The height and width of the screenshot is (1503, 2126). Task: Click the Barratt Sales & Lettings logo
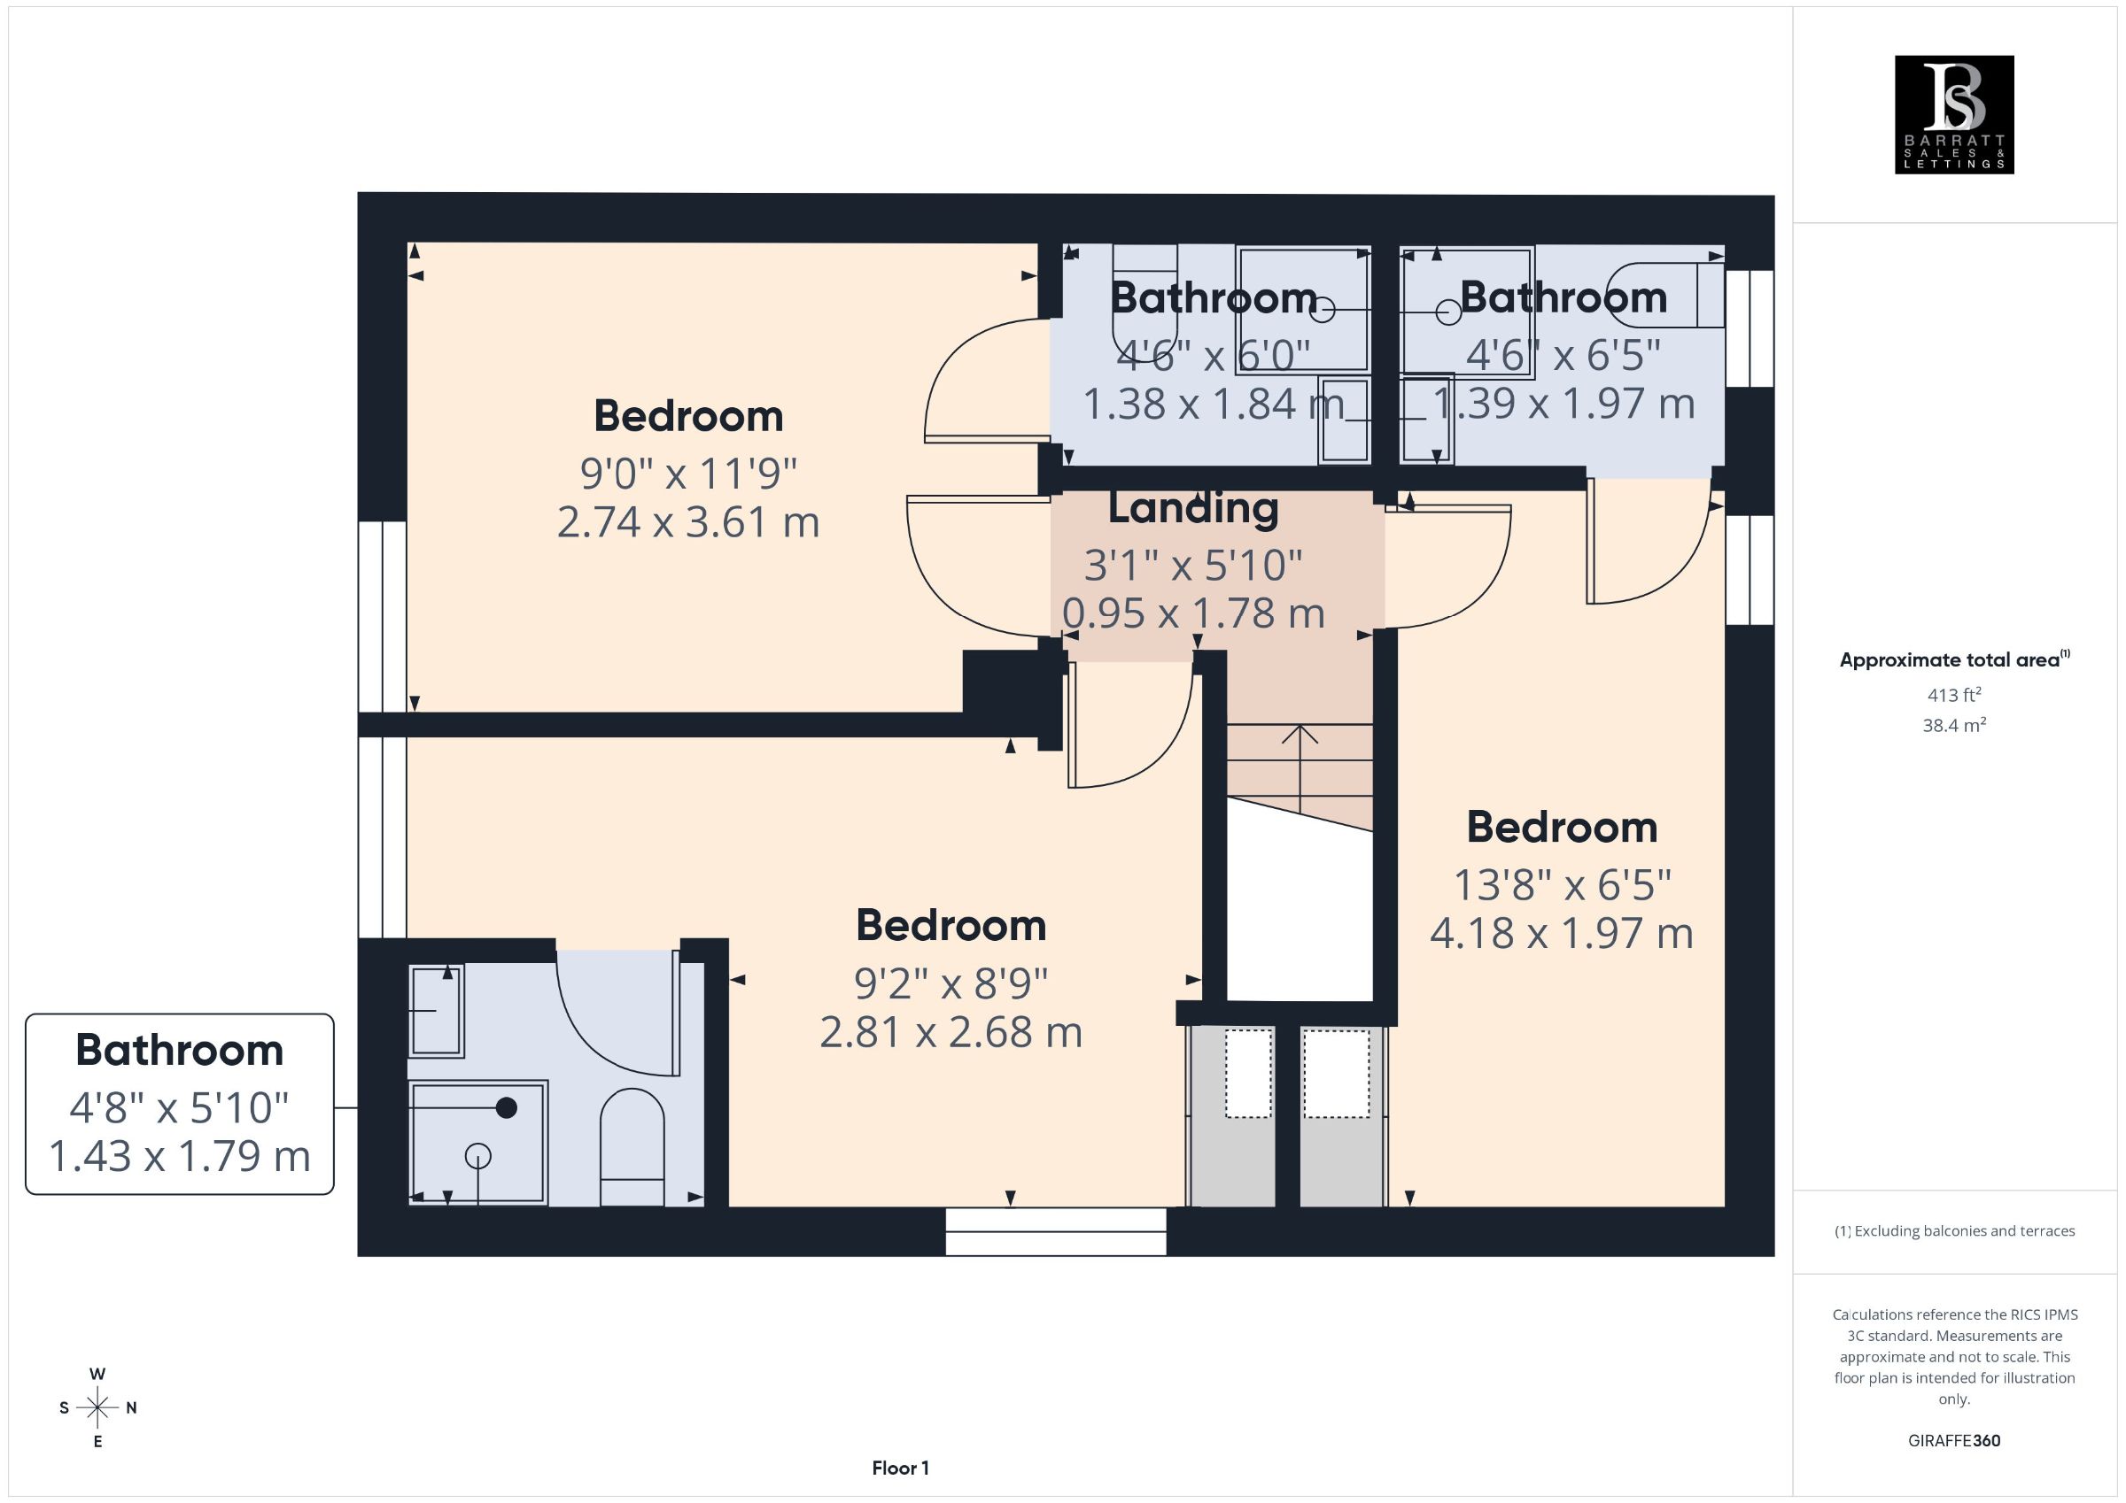(x=1954, y=115)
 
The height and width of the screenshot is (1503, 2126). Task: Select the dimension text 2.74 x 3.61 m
(x=688, y=522)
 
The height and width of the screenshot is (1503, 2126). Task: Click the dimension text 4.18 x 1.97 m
(x=1561, y=933)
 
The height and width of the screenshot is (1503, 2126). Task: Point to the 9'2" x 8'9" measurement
(x=951, y=983)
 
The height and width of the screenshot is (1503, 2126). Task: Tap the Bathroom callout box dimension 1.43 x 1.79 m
(x=179, y=1157)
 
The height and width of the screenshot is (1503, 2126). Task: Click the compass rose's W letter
(x=97, y=1375)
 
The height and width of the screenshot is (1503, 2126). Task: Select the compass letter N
(x=131, y=1407)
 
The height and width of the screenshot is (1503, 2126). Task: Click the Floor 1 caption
(x=900, y=1468)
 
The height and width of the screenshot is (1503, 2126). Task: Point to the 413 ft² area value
(x=1954, y=694)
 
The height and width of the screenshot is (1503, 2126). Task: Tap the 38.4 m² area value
(x=1954, y=725)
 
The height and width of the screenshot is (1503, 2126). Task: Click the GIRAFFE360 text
(x=1954, y=1441)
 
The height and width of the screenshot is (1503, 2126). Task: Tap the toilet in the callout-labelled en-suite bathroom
(x=632, y=1146)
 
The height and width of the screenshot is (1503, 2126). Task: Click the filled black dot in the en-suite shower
(x=507, y=1106)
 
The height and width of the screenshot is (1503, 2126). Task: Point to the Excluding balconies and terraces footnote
(x=1954, y=1231)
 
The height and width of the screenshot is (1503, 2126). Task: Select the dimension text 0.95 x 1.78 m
(x=1193, y=613)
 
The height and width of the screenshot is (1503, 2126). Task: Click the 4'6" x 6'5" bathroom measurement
(x=1563, y=354)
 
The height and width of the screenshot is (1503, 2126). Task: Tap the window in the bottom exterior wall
(x=1056, y=1232)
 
